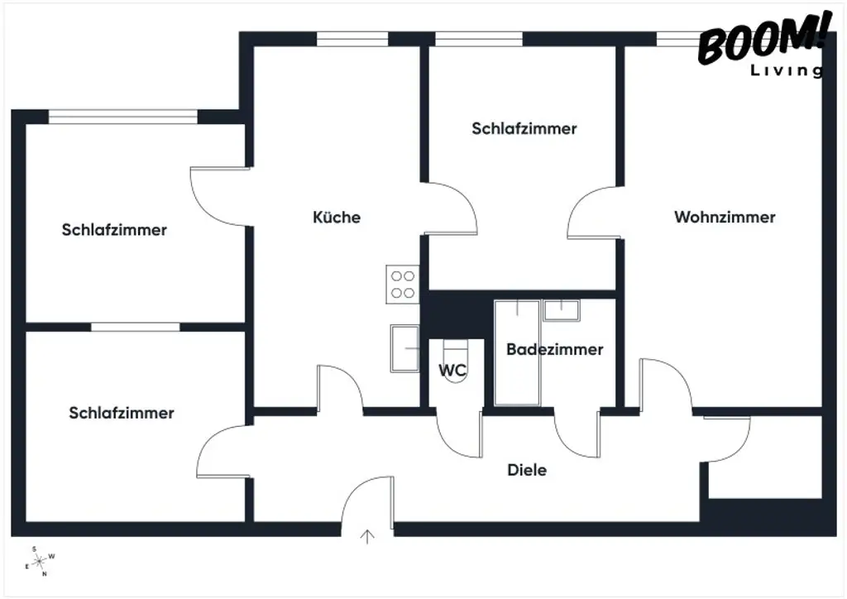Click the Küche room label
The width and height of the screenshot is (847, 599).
pyautogui.click(x=337, y=218)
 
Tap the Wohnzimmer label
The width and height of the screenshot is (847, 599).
pyautogui.click(x=725, y=218)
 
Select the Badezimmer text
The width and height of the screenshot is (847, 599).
pyautogui.click(x=554, y=349)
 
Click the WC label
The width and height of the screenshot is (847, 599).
pyautogui.click(x=452, y=371)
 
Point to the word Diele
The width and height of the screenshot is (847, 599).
pyautogui.click(x=527, y=470)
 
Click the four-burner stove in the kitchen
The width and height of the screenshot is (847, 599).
pyautogui.click(x=403, y=285)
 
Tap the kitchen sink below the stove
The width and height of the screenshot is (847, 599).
pyautogui.click(x=406, y=348)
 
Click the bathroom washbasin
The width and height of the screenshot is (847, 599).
pyautogui.click(x=561, y=310)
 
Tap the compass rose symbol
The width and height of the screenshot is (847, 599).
pyautogui.click(x=40, y=560)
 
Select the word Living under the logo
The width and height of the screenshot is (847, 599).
pyautogui.click(x=786, y=71)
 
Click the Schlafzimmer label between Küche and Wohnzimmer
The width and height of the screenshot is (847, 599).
pyautogui.click(x=524, y=129)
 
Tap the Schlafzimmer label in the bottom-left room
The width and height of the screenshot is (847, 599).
pyautogui.click(x=122, y=413)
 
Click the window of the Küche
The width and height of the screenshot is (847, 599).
pyautogui.click(x=352, y=39)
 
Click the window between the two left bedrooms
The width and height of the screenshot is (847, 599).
pyautogui.click(x=135, y=327)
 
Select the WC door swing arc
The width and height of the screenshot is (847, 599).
pyautogui.click(x=459, y=434)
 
